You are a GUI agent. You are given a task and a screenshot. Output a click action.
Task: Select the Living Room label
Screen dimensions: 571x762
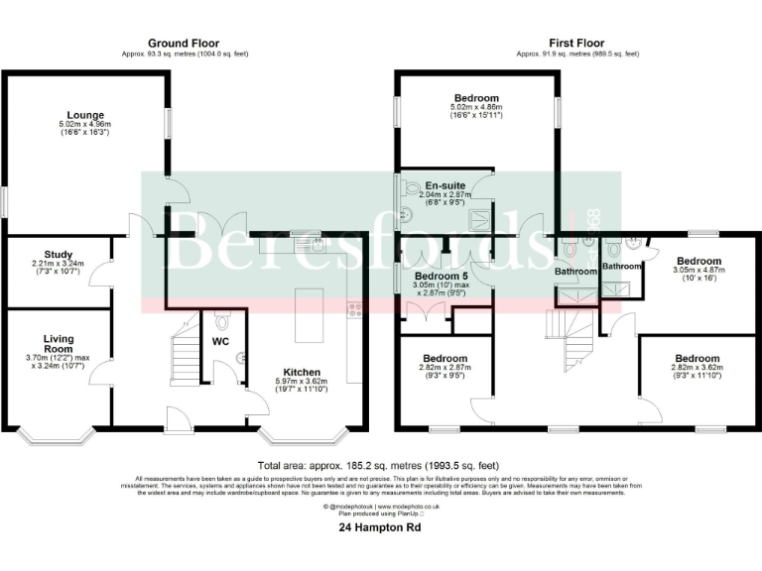(58, 344)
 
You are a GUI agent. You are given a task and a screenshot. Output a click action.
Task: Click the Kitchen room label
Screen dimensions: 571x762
(301, 373)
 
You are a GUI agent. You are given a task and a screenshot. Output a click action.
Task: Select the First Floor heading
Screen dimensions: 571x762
(575, 43)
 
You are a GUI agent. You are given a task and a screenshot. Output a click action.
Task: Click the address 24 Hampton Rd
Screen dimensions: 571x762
(380, 529)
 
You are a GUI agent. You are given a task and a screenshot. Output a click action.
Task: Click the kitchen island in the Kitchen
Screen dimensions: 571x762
(309, 308)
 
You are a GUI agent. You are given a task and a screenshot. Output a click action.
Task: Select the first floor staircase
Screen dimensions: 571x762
(571, 337)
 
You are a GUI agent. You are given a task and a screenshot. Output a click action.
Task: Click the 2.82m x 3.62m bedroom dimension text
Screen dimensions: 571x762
(698, 368)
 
